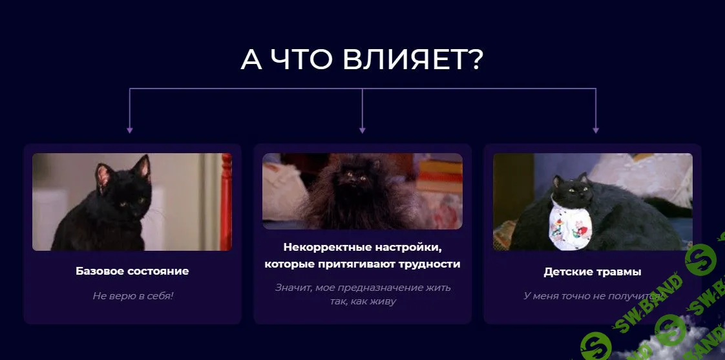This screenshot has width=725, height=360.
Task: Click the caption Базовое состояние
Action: (132, 271)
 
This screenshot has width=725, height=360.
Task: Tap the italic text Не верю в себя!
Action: (132, 296)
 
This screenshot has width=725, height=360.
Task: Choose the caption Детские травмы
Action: (593, 272)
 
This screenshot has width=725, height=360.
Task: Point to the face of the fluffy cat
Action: (352, 177)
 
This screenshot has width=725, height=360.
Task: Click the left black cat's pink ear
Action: (102, 174)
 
